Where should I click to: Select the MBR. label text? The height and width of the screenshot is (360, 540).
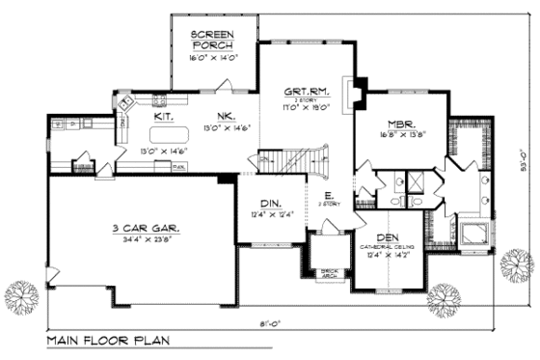coord(404,124)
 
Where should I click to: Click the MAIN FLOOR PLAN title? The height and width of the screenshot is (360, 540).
coord(103,343)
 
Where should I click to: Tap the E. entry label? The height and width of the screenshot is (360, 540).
coord(329,196)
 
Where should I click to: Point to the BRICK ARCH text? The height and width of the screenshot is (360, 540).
coord(328,273)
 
